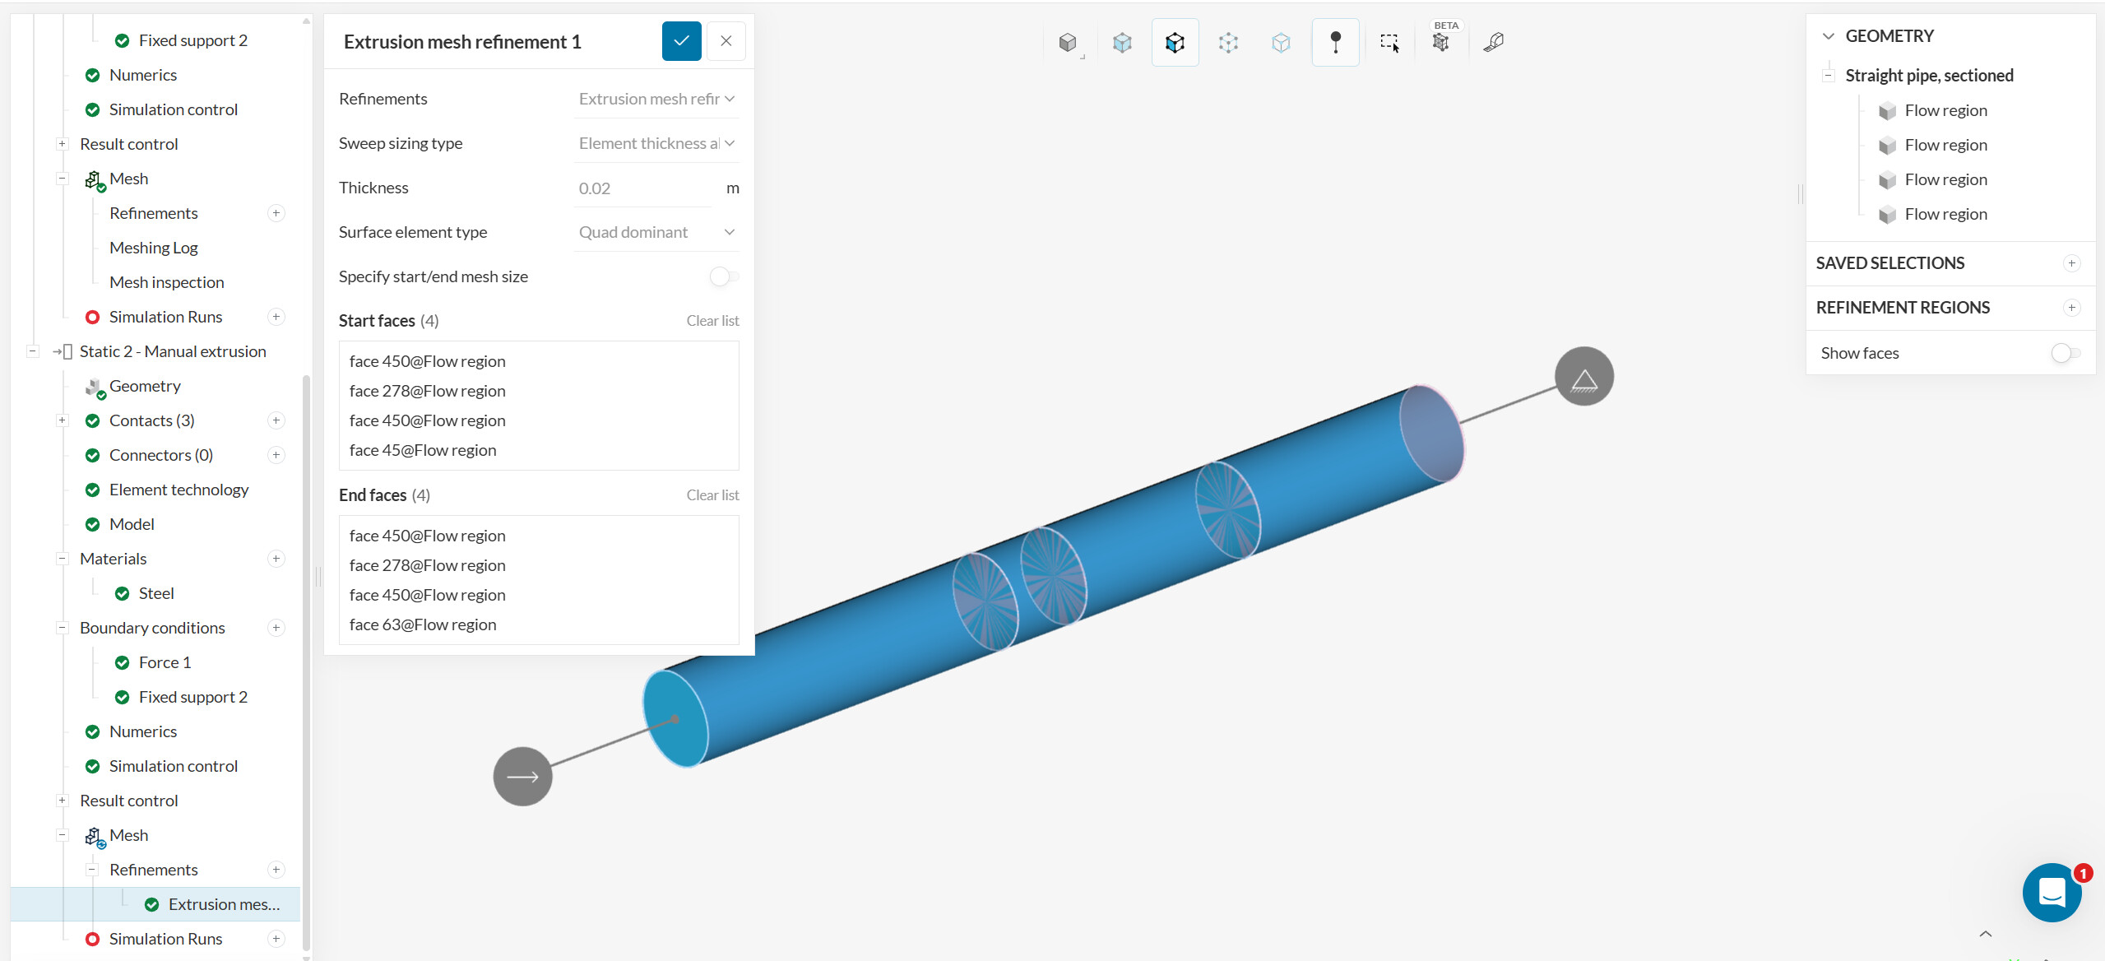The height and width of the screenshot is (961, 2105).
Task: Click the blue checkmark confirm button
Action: click(681, 41)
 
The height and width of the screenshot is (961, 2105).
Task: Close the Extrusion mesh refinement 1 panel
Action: click(726, 41)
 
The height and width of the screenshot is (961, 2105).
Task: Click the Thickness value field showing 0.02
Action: click(642, 188)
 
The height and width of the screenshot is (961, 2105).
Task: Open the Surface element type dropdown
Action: click(656, 233)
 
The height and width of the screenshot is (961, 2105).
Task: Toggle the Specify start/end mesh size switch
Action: click(724, 277)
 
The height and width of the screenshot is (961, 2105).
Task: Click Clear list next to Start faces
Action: click(712, 321)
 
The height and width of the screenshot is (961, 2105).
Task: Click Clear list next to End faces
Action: click(712, 495)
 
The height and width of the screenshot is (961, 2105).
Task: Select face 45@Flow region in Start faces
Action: click(423, 450)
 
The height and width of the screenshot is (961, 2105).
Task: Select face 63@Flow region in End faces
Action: click(423, 624)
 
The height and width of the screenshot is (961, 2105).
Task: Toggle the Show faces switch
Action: click(2066, 353)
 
